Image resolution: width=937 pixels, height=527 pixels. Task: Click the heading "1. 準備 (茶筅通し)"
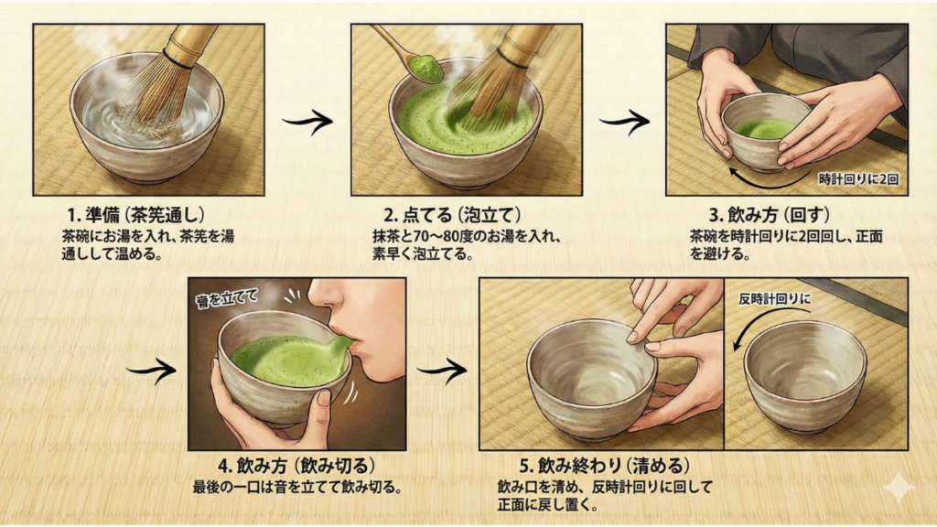click(135, 215)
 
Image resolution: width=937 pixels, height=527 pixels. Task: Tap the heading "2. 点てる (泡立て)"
click(452, 215)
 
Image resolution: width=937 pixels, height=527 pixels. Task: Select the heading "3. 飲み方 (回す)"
click(770, 215)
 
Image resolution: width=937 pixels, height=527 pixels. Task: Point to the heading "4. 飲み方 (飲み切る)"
click(297, 466)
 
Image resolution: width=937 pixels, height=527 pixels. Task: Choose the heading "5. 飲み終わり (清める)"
click(605, 466)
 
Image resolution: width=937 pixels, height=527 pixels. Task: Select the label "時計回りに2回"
click(858, 179)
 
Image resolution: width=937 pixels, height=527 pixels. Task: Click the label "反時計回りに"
click(774, 299)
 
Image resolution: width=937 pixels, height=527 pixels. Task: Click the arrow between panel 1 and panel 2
click(307, 122)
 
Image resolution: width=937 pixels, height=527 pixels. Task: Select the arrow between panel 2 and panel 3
click(624, 122)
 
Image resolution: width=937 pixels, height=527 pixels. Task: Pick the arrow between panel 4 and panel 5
click(442, 371)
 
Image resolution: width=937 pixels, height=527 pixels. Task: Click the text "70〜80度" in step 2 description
click(446, 237)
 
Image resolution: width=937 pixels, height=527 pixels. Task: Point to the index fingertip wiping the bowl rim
click(630, 338)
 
